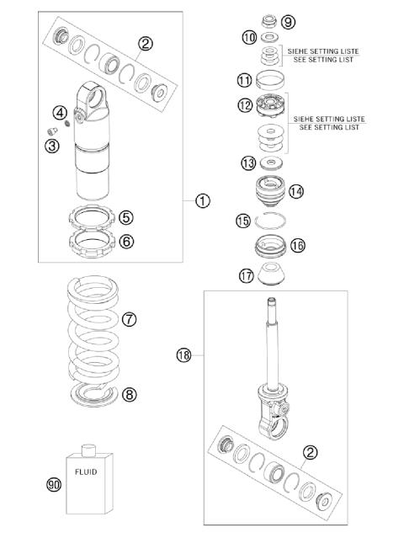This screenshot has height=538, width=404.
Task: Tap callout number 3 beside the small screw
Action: tap(53, 146)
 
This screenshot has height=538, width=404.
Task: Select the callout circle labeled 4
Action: tap(60, 113)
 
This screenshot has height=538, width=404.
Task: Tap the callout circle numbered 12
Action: tap(245, 106)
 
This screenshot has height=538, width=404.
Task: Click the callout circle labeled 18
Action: tap(184, 355)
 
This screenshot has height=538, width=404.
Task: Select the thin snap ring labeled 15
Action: tap(274, 221)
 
